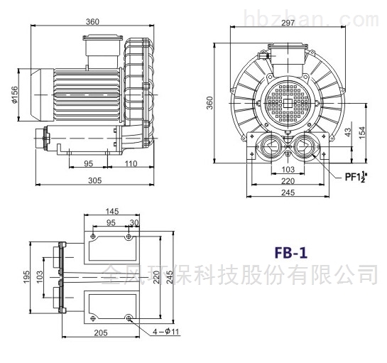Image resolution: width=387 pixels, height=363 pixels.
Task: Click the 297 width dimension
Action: coord(288,23)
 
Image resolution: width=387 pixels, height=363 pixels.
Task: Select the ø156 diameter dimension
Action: coord(15,94)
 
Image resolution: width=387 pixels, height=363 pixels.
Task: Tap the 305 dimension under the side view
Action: coord(95,180)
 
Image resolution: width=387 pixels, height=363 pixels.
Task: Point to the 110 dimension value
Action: coord(131,163)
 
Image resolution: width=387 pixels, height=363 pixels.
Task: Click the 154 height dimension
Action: coord(362,133)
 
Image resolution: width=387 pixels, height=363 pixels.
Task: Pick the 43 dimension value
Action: coord(348,132)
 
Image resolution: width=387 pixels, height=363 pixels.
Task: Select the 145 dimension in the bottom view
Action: coord(112,211)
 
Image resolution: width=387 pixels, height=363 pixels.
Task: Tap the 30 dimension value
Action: coord(134,223)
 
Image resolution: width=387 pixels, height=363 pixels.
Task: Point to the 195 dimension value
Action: coord(26,277)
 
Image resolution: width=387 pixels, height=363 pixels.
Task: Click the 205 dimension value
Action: coord(101,333)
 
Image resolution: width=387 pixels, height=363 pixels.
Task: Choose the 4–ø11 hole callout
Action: coord(165,332)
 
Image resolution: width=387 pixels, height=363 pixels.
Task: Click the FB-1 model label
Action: coord(291,253)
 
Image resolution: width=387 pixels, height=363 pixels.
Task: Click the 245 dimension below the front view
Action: coord(288,192)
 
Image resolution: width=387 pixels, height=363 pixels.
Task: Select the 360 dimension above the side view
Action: coord(92,22)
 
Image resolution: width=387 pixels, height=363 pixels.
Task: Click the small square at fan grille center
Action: coord(288,103)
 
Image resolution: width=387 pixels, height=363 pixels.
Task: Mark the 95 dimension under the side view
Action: coord(88,163)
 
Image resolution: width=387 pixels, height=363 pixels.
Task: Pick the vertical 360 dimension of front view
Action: coord(209,103)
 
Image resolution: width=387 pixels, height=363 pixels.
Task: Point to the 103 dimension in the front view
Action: coord(288,169)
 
